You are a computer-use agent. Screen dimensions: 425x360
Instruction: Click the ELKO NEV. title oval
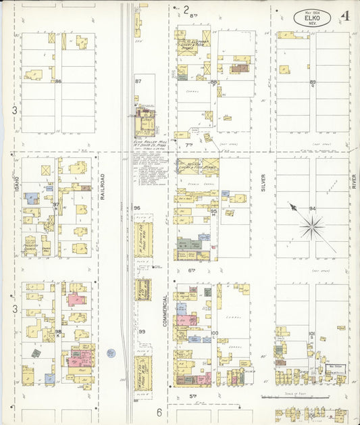pyautogui.click(x=312, y=18)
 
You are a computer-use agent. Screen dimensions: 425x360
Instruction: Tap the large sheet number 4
pyautogui.click(x=346, y=16)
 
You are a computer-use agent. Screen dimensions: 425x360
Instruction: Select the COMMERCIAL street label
pyautogui.click(x=165, y=311)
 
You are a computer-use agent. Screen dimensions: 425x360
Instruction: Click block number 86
pyautogui.click(x=59, y=82)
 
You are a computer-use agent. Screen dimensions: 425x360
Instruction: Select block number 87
pyautogui.click(x=138, y=81)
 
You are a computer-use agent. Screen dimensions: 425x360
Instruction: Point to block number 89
pyautogui.click(x=313, y=82)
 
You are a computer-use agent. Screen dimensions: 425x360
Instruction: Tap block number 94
pyautogui.click(x=312, y=209)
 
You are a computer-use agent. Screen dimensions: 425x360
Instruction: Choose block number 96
pyautogui.click(x=137, y=207)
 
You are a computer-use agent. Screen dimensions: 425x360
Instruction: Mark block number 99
pyautogui.click(x=142, y=332)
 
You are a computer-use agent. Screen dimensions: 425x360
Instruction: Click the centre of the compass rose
pyautogui.click(x=313, y=228)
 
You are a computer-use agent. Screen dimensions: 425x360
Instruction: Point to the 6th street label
pyautogui.click(x=191, y=270)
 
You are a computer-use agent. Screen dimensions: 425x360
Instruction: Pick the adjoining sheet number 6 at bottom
pyautogui.click(x=160, y=412)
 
